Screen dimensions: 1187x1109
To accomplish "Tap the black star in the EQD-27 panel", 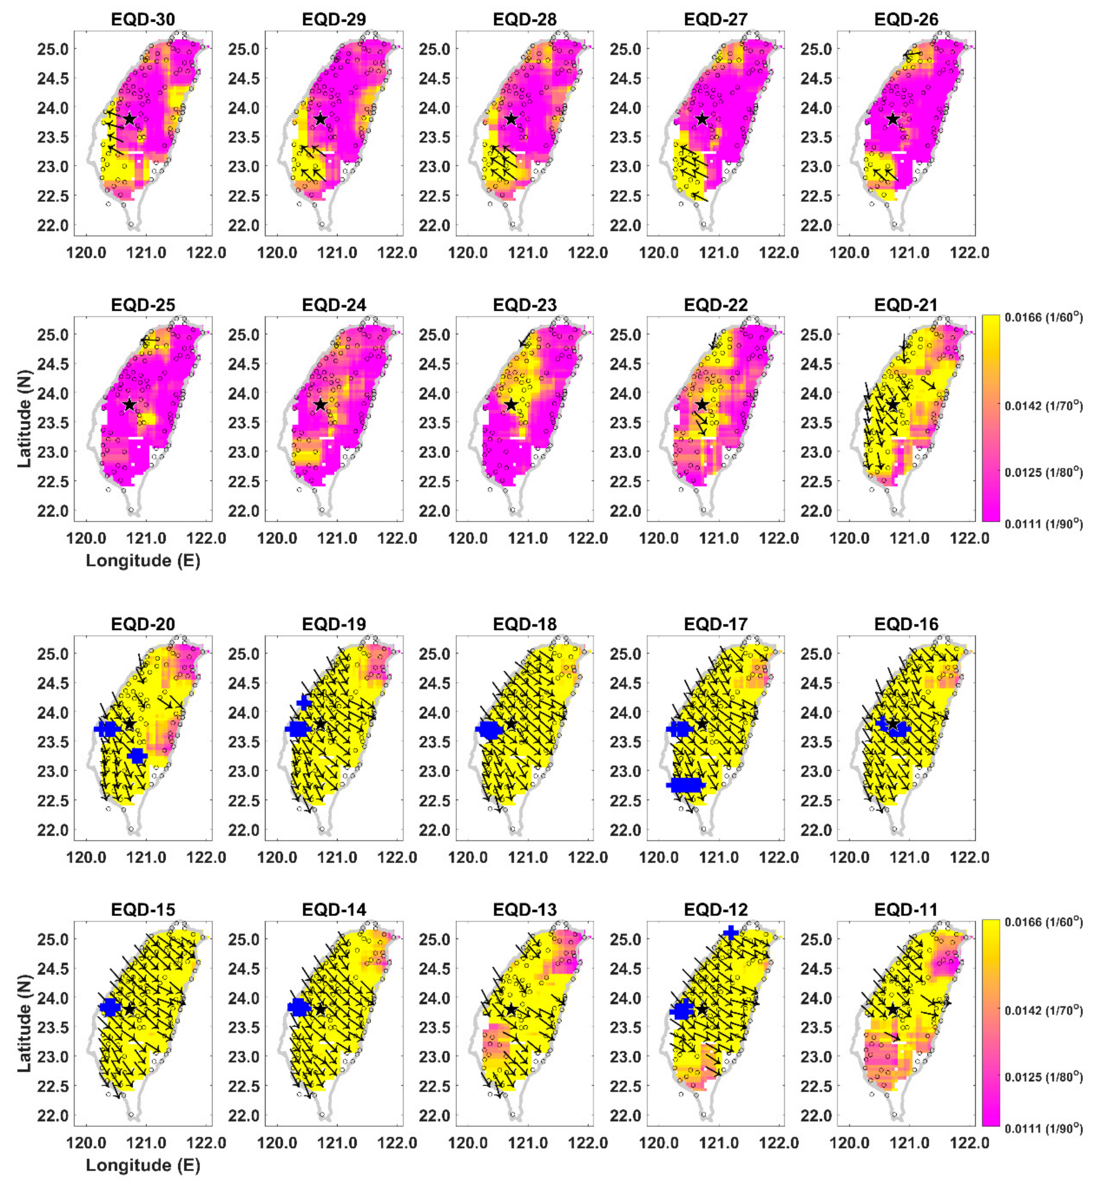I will [702, 119].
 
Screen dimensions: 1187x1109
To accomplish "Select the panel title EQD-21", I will [906, 305].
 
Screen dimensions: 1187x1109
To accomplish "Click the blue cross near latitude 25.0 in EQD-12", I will [730, 932].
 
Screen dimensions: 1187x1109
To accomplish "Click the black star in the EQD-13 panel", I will [511, 1010].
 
